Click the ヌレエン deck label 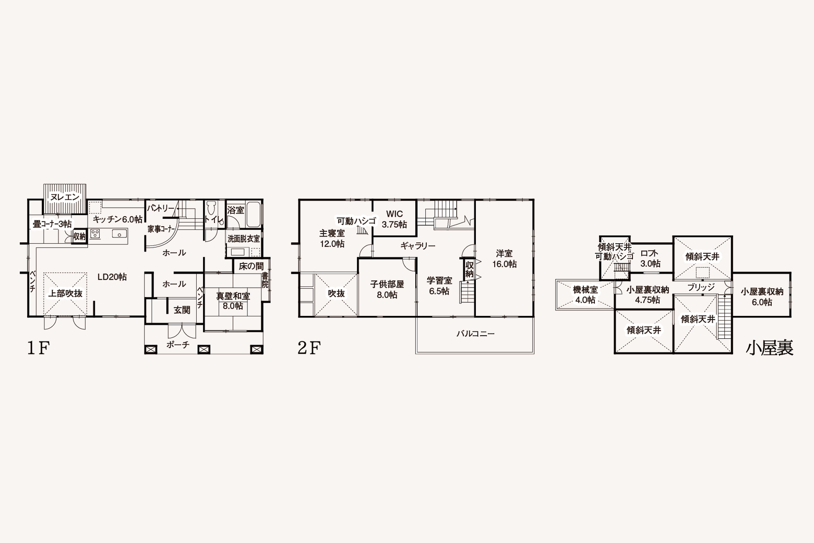coord(65,197)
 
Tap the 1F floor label coord(38,348)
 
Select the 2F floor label coord(309,348)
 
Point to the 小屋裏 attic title coord(770,348)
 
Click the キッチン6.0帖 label coord(118,219)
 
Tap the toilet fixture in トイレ coord(211,210)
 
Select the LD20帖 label coord(112,277)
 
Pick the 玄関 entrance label coord(182,310)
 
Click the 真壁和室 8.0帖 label coord(233,301)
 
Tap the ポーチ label coord(178,345)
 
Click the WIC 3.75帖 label coord(394,219)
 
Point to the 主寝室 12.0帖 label coord(332,238)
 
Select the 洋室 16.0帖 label coord(505,258)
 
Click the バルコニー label coord(476,334)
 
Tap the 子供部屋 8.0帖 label coord(387,289)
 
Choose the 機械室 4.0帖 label coord(585,295)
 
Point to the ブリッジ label coord(701,287)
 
